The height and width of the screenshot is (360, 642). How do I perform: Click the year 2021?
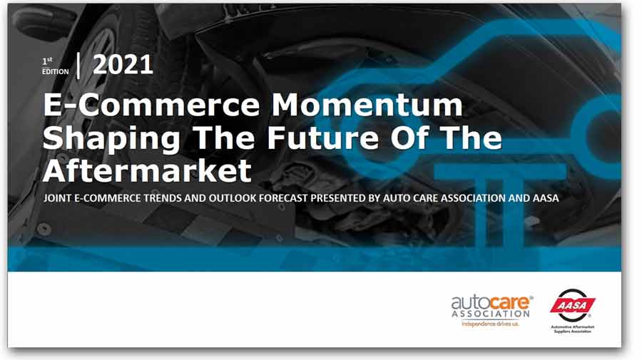(x=123, y=65)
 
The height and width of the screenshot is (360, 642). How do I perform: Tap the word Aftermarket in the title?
(x=147, y=169)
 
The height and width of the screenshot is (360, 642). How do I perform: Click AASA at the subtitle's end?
(x=543, y=198)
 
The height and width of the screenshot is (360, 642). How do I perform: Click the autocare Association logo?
(x=491, y=307)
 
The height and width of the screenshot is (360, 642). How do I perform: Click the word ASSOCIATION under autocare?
(x=491, y=314)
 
